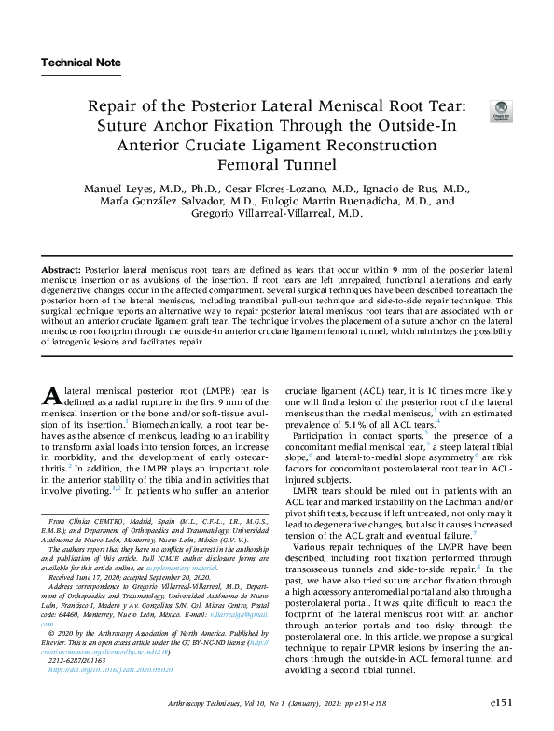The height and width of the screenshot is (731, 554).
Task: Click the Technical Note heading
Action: [81, 63]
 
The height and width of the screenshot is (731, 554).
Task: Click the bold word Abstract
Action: [62, 268]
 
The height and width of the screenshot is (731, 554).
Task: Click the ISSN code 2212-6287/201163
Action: [80, 662]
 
